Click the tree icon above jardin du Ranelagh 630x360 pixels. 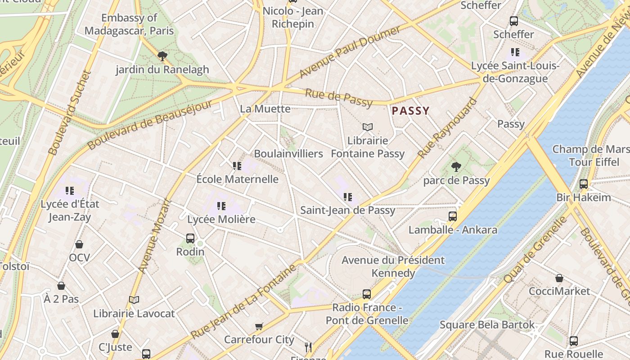(x=162, y=56)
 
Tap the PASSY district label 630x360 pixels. (x=410, y=111)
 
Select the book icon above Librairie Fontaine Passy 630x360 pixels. (x=368, y=127)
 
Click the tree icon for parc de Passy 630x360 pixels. (x=456, y=167)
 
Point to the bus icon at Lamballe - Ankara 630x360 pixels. (x=453, y=216)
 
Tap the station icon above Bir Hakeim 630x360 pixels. (x=584, y=184)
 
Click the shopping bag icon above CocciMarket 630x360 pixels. (x=559, y=278)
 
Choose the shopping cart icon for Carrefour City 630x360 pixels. (x=259, y=326)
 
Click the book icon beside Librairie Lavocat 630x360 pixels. (x=134, y=300)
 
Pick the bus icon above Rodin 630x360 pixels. (x=190, y=238)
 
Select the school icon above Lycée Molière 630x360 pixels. (x=221, y=206)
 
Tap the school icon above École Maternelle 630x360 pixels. (x=237, y=166)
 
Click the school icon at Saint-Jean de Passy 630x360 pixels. (x=347, y=197)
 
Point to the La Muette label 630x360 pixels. (x=265, y=109)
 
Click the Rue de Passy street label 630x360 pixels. (x=339, y=98)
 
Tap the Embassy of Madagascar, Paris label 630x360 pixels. (x=129, y=24)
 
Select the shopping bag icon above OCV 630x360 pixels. (x=79, y=244)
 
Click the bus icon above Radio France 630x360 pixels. (x=367, y=294)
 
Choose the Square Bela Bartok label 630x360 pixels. (x=487, y=325)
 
